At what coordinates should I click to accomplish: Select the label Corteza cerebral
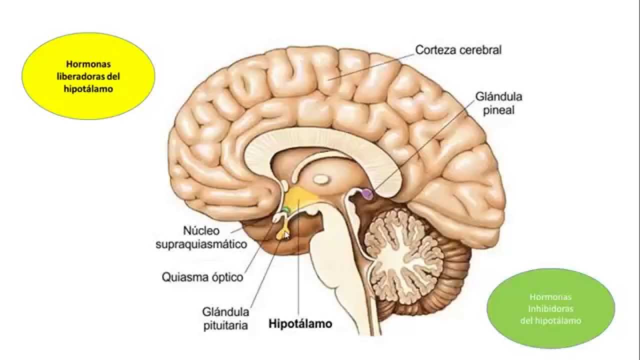point(458,50)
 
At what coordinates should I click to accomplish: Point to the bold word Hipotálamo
point(300,323)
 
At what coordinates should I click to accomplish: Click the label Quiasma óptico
point(202,277)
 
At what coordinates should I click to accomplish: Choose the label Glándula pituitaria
point(225,318)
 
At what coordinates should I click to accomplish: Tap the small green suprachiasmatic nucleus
point(284,209)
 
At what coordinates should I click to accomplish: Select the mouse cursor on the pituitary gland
point(286,234)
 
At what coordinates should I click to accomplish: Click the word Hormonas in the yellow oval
point(88,64)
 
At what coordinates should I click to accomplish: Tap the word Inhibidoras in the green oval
point(550,308)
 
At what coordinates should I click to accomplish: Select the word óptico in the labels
point(224,277)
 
